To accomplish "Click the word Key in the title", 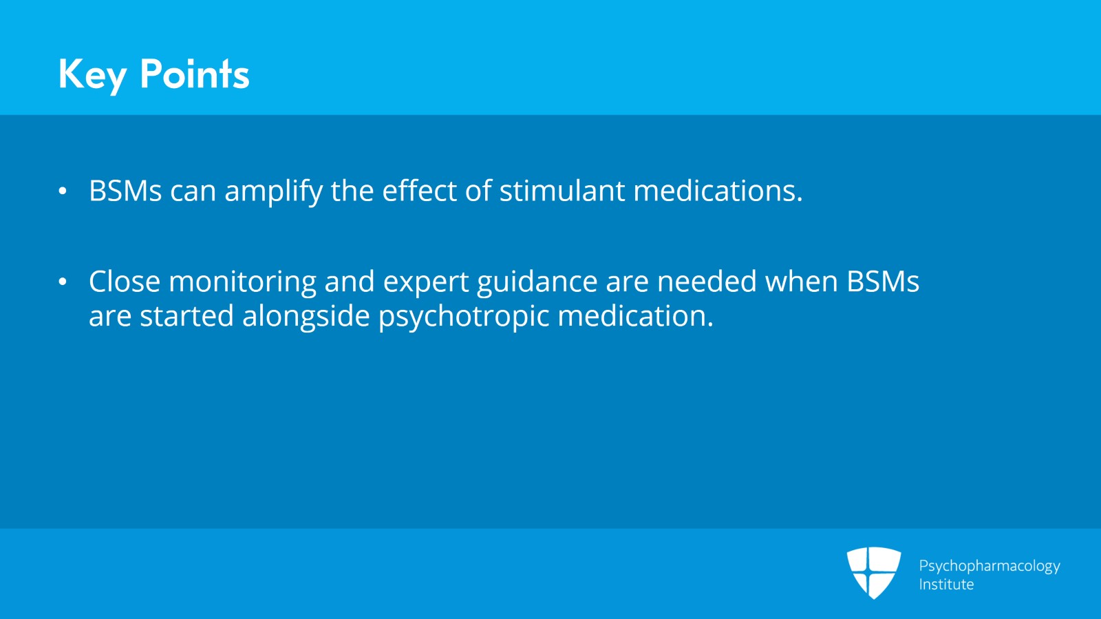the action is [92, 75].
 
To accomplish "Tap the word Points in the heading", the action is [195, 74].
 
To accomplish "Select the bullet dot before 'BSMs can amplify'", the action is [63, 191].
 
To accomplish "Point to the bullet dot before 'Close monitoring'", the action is [63, 282].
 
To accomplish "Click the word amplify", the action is [273, 191].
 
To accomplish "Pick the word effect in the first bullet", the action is [419, 190].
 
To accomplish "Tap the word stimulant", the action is [562, 190].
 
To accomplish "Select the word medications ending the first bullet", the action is [718, 190].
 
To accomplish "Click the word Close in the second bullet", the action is [125, 281].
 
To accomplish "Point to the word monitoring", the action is [242, 283].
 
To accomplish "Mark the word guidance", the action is [537, 283].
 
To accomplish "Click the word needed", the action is [707, 281].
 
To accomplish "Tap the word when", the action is [802, 281].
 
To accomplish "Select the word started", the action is [186, 315].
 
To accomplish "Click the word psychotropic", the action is [464, 317].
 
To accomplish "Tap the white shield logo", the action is [873, 572].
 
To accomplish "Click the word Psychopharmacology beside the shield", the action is [990, 567].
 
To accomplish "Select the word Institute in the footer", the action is [946, 584].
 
